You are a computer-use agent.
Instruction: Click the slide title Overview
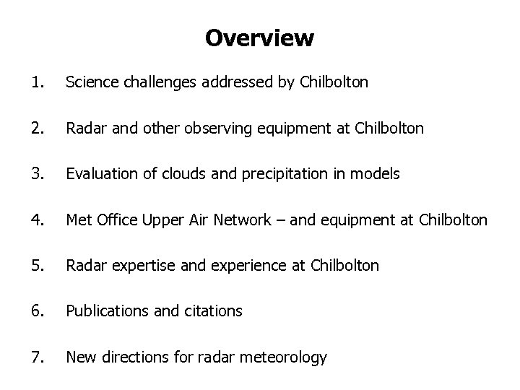(259, 38)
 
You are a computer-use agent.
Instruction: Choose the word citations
(214, 311)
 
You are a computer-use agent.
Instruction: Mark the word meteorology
(285, 357)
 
